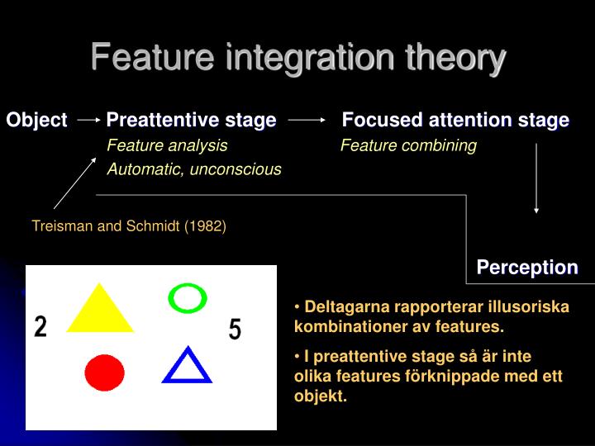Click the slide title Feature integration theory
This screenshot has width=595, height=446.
[297, 58]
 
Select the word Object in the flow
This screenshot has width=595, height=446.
[36, 120]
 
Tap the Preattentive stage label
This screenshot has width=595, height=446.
[191, 120]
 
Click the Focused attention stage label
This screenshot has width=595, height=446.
[455, 120]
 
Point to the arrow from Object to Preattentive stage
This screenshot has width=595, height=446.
[88, 120]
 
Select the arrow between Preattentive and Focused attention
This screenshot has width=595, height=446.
[307, 120]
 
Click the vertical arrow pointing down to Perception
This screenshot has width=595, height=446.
[537, 178]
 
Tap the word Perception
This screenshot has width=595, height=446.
[527, 267]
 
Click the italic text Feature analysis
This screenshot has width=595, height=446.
[167, 145]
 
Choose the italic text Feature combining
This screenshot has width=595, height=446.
[408, 145]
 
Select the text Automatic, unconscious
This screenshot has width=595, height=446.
[194, 169]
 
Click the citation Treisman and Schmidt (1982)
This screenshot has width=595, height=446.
[129, 225]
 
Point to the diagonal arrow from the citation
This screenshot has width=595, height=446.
[74, 183]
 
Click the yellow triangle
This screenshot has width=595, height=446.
[99, 311]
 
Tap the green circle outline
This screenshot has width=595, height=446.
[187, 297]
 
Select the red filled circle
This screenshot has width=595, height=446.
[104, 372]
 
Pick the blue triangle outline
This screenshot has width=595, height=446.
[187, 368]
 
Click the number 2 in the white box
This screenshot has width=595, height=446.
[40, 327]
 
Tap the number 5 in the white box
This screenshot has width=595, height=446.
[235, 330]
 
